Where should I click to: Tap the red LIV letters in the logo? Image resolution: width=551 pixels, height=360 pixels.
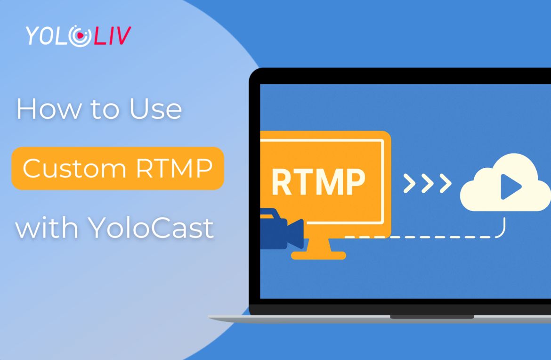[112, 36]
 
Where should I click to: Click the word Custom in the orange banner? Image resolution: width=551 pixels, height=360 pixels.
[74, 168]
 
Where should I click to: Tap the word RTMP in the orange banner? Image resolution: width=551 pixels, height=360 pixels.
[174, 168]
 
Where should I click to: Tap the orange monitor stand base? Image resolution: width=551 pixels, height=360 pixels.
[318, 255]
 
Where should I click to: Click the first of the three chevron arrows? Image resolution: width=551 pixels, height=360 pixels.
[409, 184]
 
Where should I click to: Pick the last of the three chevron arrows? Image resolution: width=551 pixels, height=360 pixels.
[444, 184]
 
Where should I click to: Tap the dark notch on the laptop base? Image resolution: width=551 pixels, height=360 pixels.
[431, 317]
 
